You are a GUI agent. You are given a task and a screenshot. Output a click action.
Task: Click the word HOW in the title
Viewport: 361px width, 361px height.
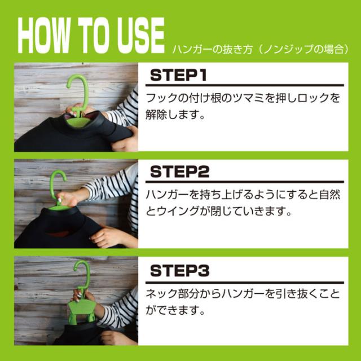(x=44, y=35)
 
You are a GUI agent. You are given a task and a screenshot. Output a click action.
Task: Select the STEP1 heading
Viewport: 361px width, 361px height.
(x=178, y=75)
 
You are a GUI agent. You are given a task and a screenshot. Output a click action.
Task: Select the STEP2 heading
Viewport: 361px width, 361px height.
(x=179, y=171)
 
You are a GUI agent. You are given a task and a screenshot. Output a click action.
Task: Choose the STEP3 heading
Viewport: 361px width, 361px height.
(x=179, y=271)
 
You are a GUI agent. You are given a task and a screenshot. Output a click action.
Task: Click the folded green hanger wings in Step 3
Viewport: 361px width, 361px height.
(x=82, y=311)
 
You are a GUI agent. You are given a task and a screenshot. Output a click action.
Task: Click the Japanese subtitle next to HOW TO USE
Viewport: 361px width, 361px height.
(x=260, y=49)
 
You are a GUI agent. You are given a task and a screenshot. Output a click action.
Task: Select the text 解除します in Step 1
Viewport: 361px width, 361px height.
(x=175, y=115)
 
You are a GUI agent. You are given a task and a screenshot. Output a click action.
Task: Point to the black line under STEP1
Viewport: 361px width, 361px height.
(x=245, y=85)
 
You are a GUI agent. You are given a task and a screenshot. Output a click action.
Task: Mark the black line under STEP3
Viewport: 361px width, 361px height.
(x=245, y=283)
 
